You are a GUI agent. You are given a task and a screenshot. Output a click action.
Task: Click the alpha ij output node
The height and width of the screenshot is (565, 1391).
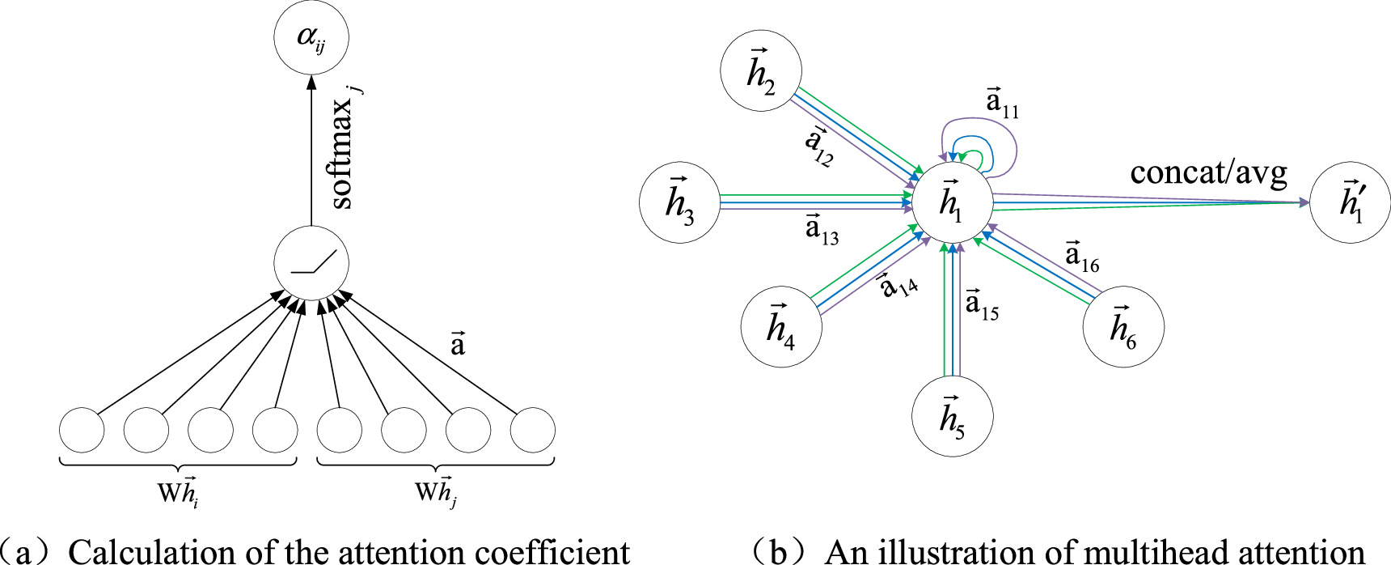pos(311,38)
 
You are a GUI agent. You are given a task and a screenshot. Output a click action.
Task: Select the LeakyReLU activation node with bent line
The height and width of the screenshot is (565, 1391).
pos(311,263)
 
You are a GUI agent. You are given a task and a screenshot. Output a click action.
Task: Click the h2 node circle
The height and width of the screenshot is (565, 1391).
pos(760,71)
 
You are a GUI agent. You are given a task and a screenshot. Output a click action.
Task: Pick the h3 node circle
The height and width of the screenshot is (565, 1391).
pos(679,202)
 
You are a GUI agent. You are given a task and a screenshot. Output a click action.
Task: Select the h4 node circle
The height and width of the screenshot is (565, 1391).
pos(781,327)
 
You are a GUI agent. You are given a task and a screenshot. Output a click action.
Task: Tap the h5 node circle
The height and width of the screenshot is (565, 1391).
pos(952,417)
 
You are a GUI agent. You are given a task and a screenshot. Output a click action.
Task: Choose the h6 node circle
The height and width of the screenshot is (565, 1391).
pos(1123,327)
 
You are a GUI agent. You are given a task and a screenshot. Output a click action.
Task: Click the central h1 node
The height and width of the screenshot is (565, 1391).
pos(952,202)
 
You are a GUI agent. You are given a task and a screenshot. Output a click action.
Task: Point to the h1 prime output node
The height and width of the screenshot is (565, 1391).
pos(1350,202)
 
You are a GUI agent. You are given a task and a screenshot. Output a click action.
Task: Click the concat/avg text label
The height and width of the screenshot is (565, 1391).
pos(1208,172)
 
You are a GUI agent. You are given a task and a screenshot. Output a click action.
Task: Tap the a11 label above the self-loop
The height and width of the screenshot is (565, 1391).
pos(1002,103)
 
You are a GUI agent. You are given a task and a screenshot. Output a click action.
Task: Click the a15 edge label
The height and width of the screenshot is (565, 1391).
pos(982,305)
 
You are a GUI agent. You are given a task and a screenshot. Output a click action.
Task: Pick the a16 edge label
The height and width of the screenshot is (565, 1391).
pos(1082,257)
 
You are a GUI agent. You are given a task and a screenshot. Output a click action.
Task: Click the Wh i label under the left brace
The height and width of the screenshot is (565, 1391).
pos(178,492)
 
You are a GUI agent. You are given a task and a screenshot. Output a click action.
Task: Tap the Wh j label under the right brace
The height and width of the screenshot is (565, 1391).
pos(436,492)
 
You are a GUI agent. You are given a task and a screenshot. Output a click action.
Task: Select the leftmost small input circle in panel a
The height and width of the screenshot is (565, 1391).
pos(82,430)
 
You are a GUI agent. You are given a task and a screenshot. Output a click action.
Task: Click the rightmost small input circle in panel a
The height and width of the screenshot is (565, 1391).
pos(533,430)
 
